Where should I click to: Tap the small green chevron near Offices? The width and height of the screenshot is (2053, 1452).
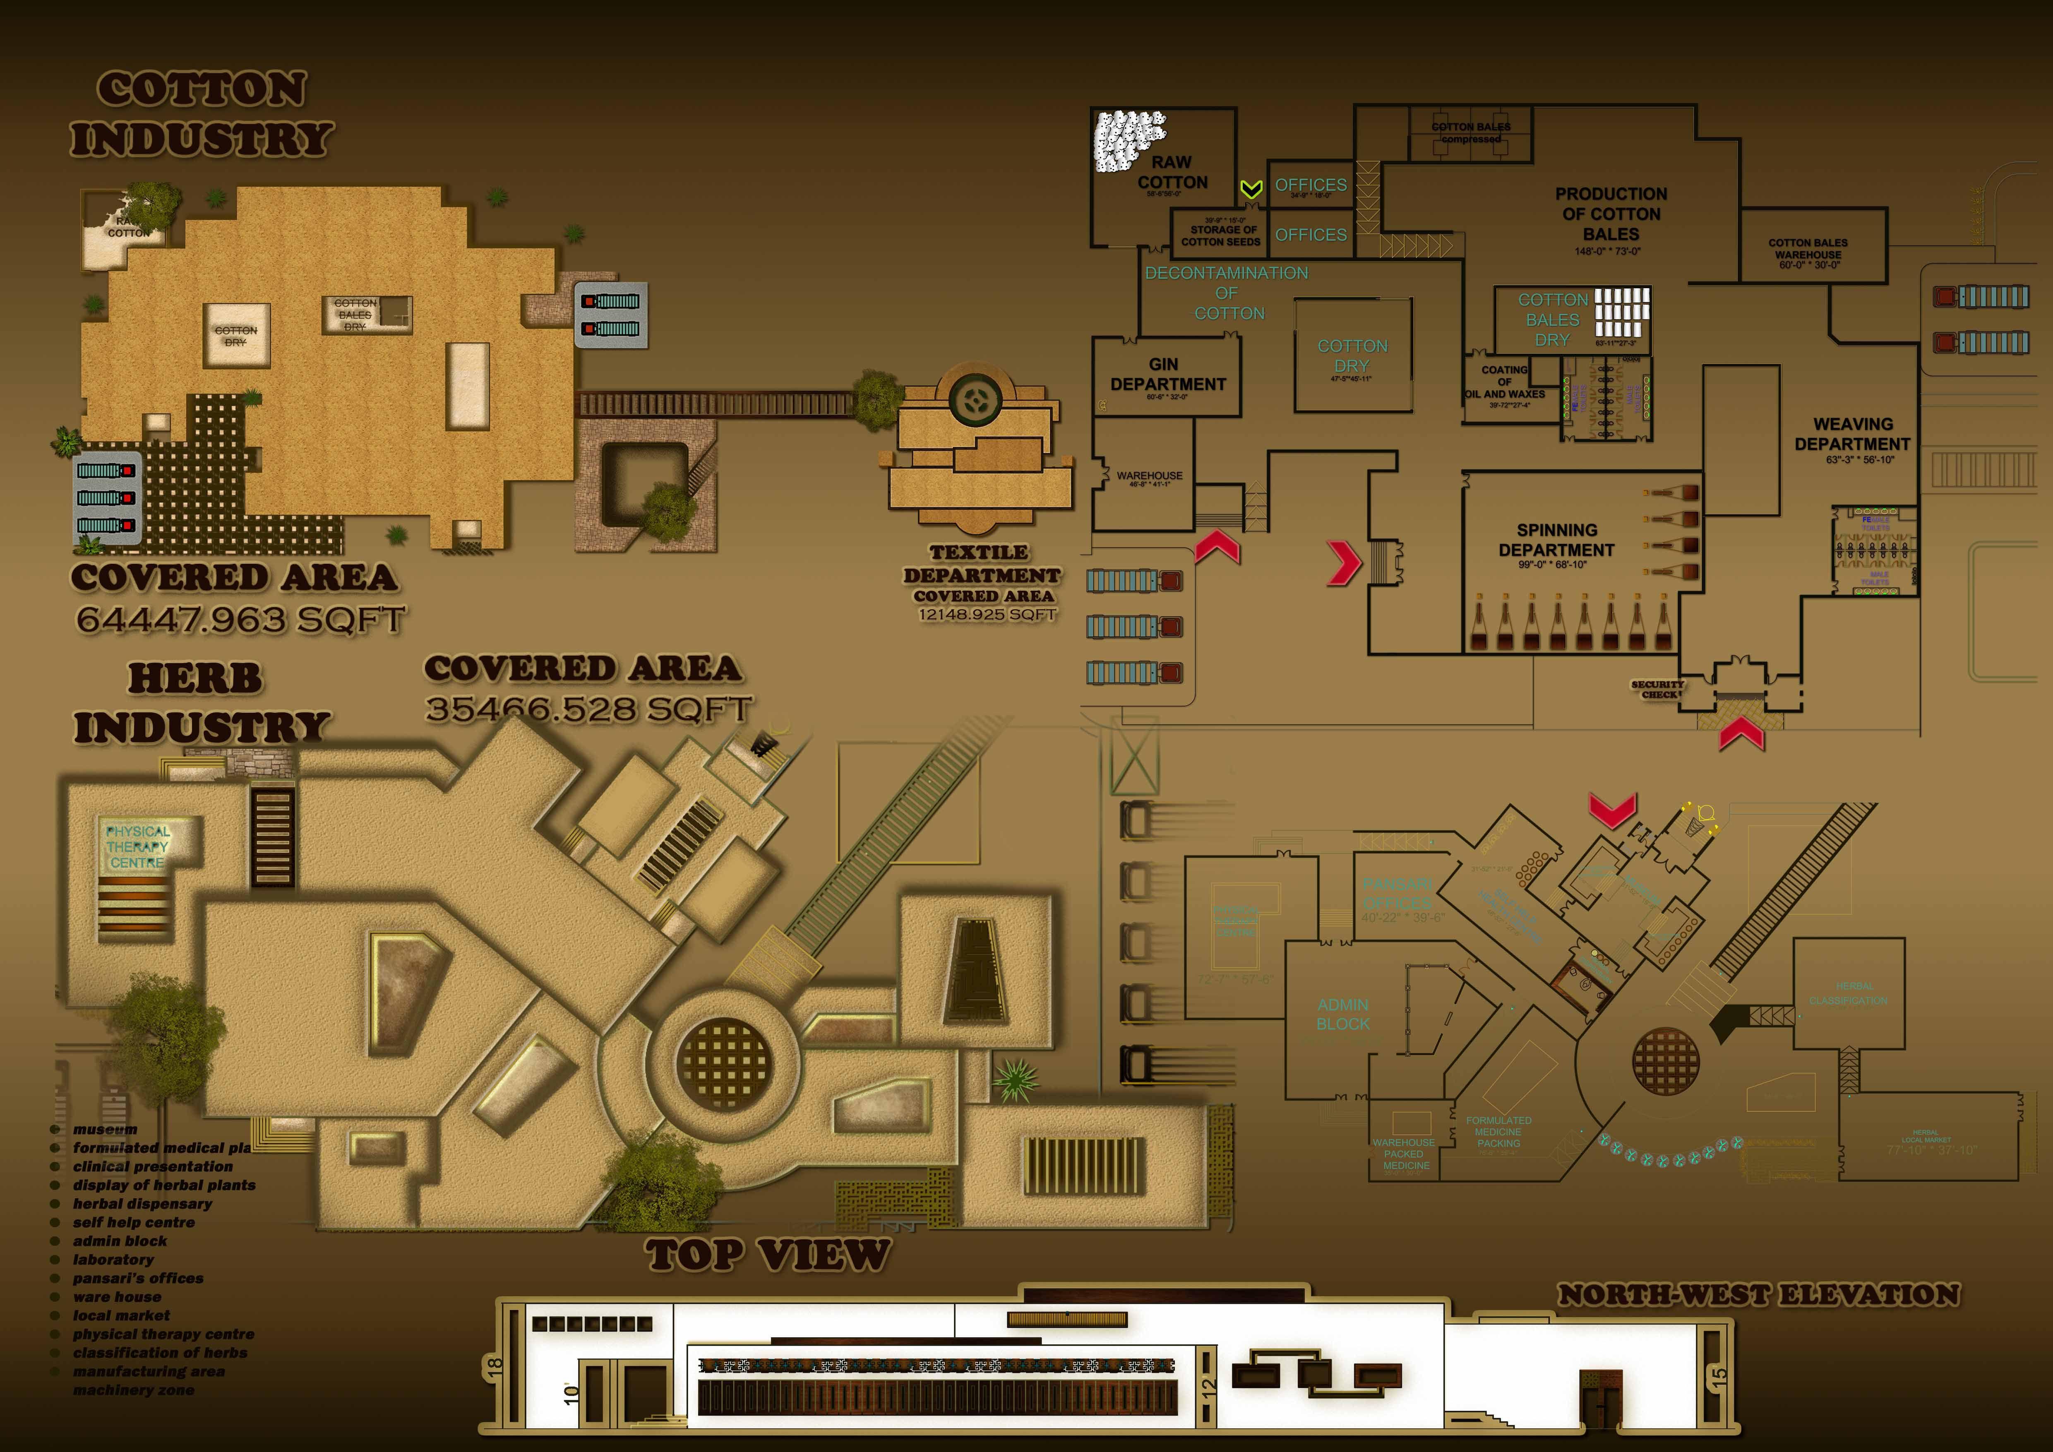click(1251, 189)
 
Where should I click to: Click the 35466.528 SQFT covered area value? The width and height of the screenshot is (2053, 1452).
click(588, 709)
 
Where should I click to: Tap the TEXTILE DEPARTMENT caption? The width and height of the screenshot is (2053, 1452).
click(981, 564)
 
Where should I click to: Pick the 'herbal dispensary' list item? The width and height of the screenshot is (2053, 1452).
click(142, 1203)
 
